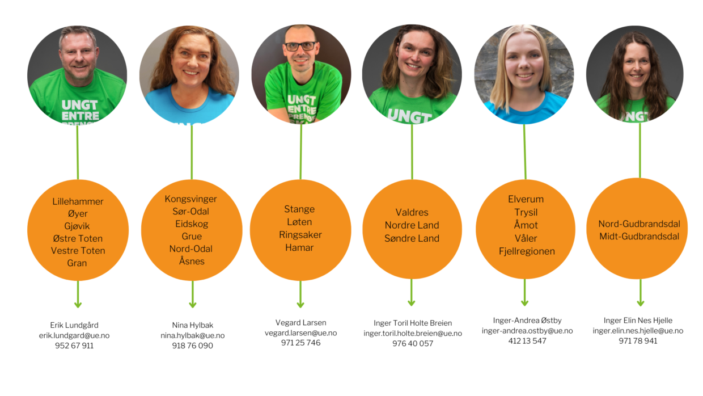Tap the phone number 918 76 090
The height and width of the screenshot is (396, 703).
pos(192,346)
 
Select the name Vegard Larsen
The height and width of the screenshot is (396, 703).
pos(300,323)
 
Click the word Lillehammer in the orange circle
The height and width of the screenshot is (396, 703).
pos(78,201)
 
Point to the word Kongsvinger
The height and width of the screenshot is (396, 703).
pos(190,199)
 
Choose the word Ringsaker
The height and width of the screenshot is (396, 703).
pos(300,235)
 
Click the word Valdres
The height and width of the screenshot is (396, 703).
pos(412,213)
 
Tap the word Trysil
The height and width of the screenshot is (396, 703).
pos(526,212)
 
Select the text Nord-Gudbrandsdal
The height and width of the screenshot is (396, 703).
pos(639,224)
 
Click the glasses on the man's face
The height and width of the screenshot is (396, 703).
pos(300,46)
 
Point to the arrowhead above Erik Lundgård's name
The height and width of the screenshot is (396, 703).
pos(78,304)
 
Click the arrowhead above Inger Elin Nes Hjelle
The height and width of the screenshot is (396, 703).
pos(640,301)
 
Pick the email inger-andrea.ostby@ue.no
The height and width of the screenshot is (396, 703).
pos(527,331)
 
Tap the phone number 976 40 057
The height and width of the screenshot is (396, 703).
pos(412,343)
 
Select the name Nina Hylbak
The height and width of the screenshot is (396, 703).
pos(192,325)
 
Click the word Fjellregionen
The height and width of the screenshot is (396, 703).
pos(527,251)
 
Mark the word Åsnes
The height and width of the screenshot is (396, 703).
pos(192,262)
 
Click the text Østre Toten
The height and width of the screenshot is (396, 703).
pos(78,238)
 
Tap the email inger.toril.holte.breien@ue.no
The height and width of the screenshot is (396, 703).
pos(412,334)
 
